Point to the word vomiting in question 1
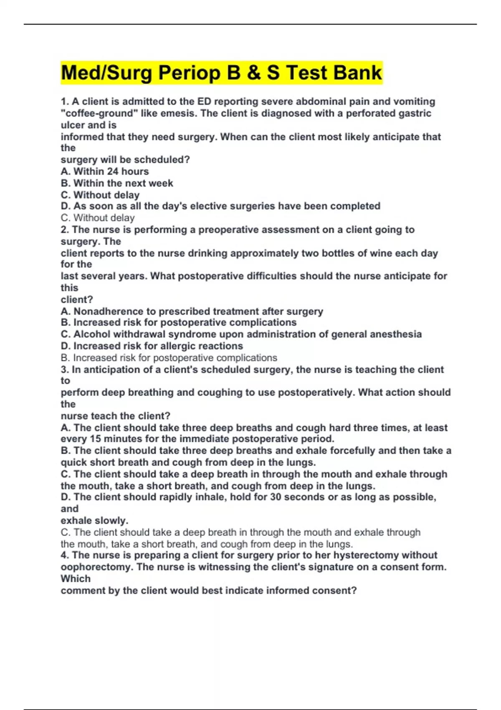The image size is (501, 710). [412, 101]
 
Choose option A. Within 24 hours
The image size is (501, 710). [105, 171]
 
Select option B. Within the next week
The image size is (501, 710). [117, 183]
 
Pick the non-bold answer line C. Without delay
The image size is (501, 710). [98, 218]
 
